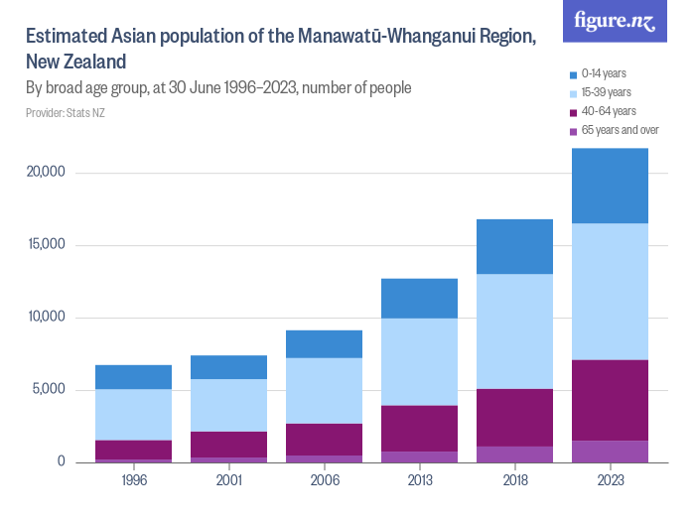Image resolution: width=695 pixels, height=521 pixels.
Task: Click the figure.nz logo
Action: coord(615,21)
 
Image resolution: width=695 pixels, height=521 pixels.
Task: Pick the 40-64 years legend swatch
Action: coord(573,111)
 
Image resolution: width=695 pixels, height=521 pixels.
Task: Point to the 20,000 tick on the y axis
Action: coord(44,173)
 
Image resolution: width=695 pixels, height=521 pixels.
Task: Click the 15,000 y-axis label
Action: coord(44,245)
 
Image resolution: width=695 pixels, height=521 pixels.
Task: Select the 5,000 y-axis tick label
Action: coord(47,390)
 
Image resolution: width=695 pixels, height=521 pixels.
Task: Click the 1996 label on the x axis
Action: coord(133,479)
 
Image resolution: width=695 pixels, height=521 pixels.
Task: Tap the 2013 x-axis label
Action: coord(419,479)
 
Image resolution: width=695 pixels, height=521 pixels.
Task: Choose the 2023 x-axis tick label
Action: coord(610,479)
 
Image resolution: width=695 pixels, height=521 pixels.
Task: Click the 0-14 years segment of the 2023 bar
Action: coord(610,186)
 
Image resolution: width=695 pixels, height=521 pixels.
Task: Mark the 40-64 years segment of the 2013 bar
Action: coord(419,429)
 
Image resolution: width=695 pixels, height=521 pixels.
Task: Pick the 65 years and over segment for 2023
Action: coord(610,452)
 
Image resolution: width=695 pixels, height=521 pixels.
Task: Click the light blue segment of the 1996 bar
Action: coord(133,414)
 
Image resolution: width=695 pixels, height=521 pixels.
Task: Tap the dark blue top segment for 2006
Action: coord(324,343)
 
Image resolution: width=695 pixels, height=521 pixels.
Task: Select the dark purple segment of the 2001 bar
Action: coord(228,445)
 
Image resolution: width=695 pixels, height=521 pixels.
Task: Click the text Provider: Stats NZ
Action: coord(65,112)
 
